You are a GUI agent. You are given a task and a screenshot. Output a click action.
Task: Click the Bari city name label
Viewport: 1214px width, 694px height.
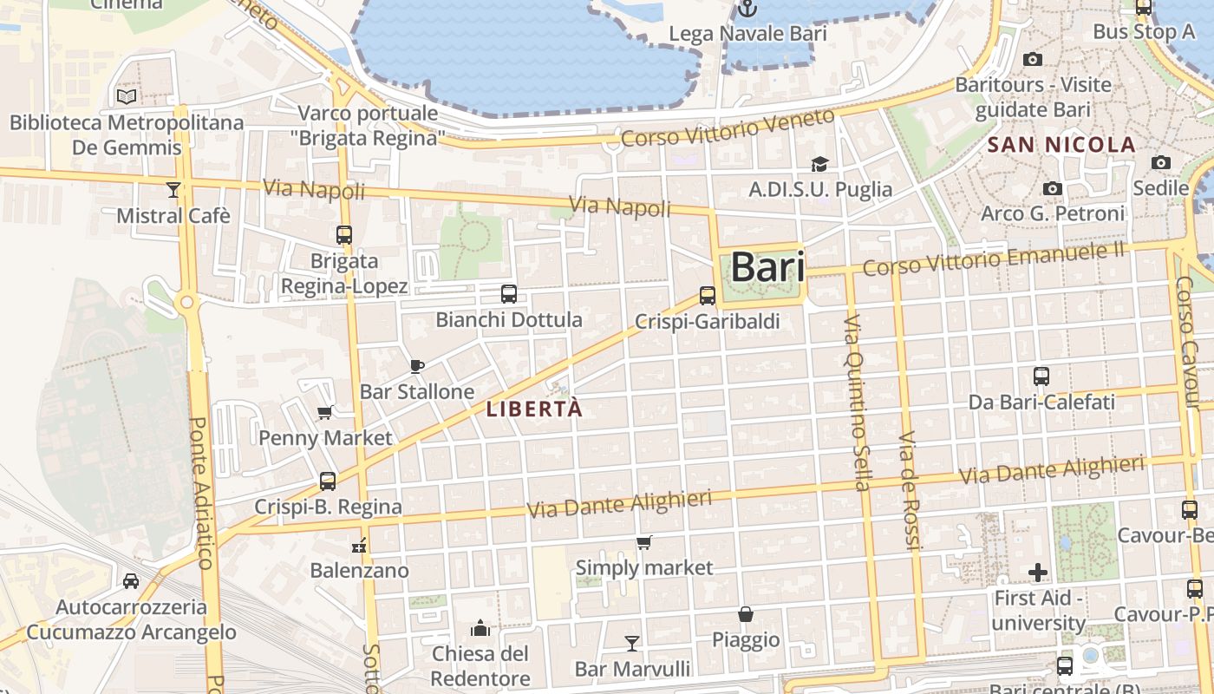pyautogui.click(x=767, y=267)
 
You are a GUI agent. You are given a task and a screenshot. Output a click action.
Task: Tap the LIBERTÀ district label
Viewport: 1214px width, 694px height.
pyautogui.click(x=534, y=409)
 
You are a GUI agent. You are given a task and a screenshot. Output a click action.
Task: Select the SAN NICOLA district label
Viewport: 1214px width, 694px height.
pyautogui.click(x=1061, y=145)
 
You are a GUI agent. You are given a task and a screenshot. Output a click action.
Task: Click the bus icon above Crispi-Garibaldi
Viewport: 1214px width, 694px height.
pyautogui.click(x=708, y=295)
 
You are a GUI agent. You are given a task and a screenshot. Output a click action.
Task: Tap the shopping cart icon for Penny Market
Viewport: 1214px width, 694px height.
pyautogui.click(x=325, y=412)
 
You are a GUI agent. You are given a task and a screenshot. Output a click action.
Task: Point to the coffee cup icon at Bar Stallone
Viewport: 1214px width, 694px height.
pyautogui.click(x=416, y=366)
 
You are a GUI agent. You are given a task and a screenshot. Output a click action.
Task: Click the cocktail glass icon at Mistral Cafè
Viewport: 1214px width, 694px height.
pyautogui.click(x=173, y=189)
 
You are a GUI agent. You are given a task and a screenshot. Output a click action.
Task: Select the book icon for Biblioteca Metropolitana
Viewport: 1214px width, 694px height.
pyautogui.click(x=127, y=96)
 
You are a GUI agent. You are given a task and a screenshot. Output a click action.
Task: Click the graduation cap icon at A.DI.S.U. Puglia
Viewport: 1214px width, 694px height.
pyautogui.click(x=819, y=163)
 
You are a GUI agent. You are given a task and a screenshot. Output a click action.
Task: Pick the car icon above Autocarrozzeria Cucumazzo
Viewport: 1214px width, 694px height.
pyautogui.click(x=131, y=580)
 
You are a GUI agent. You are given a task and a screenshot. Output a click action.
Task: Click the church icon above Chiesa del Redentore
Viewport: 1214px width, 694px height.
pyautogui.click(x=480, y=627)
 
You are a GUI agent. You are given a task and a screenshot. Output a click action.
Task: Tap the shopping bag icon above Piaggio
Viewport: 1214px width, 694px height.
pyautogui.click(x=745, y=614)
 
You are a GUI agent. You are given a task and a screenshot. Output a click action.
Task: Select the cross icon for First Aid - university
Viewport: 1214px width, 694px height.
pyautogui.click(x=1038, y=573)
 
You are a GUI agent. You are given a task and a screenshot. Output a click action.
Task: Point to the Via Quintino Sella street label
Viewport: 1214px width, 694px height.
pyautogui.click(x=856, y=403)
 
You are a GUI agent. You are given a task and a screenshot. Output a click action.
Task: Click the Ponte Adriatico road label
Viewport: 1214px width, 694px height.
pyautogui.click(x=199, y=493)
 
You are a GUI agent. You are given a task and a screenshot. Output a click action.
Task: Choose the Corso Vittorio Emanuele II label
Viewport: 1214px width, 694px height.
pyautogui.click(x=993, y=259)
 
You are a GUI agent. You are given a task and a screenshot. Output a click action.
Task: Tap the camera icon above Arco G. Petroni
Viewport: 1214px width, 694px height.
pyautogui.click(x=1053, y=188)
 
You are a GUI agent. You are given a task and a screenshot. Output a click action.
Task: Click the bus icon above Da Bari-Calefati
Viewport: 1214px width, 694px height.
pyautogui.click(x=1041, y=376)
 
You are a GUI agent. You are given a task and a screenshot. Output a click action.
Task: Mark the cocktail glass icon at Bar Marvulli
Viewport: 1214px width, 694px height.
pyautogui.click(x=632, y=643)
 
